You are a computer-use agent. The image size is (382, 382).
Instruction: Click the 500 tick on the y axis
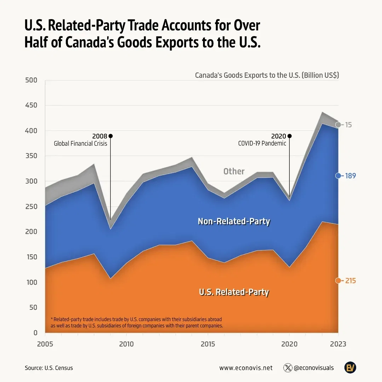pyautogui.click(x=31, y=80)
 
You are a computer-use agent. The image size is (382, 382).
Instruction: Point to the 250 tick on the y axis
pyautogui.click(x=31, y=207)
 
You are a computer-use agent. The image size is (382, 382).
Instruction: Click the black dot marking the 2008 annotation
pyautogui.click(x=111, y=136)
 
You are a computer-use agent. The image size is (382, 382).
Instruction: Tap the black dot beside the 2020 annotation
pyautogui.click(x=290, y=136)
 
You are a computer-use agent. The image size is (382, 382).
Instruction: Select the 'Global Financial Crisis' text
pyautogui.click(x=80, y=144)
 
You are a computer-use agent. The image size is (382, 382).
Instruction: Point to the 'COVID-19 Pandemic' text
pyautogui.click(x=262, y=144)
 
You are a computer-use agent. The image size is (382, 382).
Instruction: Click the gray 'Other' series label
pyautogui.click(x=234, y=172)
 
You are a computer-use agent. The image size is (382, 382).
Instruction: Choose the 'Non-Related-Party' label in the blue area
pyautogui.click(x=234, y=221)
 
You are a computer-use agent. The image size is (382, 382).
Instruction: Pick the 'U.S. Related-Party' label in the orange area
pyautogui.click(x=234, y=292)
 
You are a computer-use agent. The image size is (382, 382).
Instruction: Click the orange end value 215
pyautogui.click(x=350, y=281)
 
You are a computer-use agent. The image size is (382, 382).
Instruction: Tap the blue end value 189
pyautogui.click(x=350, y=176)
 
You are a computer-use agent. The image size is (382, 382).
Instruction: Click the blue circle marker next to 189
pyautogui.click(x=338, y=176)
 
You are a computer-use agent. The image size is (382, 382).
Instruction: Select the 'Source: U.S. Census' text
pyautogui.click(x=49, y=368)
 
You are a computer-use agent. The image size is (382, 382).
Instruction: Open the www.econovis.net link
pyautogui.click(x=246, y=368)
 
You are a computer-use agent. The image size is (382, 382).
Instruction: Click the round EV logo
pyautogui.click(x=350, y=367)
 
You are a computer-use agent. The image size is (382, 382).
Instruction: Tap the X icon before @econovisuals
pyautogui.click(x=288, y=368)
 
